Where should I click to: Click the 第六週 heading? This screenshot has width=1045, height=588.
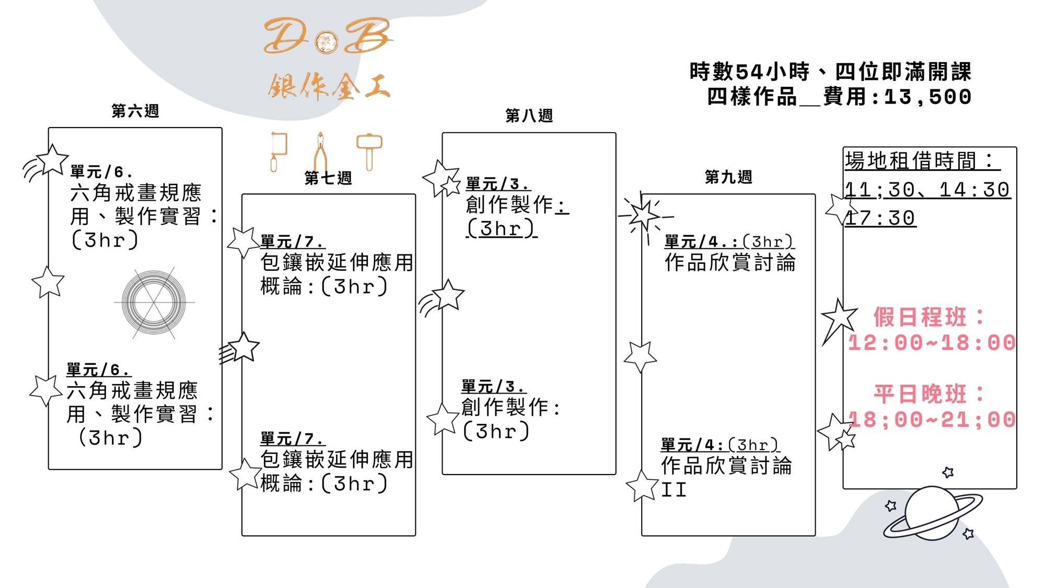tap(135, 111)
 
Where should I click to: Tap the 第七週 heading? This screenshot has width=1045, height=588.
tap(328, 178)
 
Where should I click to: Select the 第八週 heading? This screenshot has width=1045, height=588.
tap(529, 116)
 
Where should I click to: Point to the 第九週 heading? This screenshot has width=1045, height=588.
tap(728, 177)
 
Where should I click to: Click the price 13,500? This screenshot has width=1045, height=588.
tap(927, 97)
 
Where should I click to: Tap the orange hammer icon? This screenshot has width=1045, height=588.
tap(369, 151)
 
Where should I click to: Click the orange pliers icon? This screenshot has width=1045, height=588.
tap(320, 152)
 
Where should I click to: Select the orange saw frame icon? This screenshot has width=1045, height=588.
tap(278, 151)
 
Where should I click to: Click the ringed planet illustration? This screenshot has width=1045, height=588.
tap(933, 513)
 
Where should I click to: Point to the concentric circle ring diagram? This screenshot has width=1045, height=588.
tap(154, 303)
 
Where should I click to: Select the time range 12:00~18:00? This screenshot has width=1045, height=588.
tap(931, 343)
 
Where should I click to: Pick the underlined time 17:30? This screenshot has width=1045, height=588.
tap(880, 218)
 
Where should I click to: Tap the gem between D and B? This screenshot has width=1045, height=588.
tap(327, 42)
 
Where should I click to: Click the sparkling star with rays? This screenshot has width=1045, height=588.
tap(644, 215)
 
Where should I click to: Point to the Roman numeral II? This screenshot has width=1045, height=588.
tap(674, 490)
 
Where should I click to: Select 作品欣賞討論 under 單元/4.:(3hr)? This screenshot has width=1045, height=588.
tap(729, 262)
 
